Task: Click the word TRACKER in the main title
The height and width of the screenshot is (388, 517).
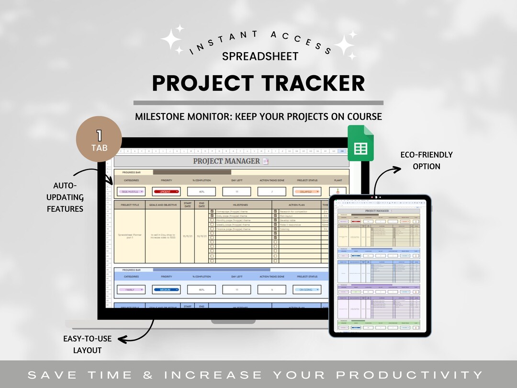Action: tap(314, 83)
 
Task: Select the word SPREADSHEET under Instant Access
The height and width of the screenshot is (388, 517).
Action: tap(260, 56)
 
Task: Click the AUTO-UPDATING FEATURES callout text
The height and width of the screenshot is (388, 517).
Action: tap(67, 197)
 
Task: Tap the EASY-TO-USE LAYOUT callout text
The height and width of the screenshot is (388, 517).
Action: tap(87, 344)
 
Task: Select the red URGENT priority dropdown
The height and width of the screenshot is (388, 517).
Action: tap(166, 192)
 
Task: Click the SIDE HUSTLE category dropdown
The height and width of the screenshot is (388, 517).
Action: tap(131, 192)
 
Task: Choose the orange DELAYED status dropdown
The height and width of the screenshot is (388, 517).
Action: tap(306, 192)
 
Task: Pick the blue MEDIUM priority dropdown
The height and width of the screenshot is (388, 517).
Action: tap(166, 289)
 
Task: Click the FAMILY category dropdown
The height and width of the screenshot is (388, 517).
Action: tap(131, 289)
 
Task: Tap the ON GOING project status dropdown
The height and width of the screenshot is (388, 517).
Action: tap(306, 289)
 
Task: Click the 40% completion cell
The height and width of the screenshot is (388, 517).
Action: tap(201, 192)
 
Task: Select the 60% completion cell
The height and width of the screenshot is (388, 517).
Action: tap(201, 289)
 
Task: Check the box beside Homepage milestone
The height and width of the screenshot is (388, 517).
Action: tap(212, 211)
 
